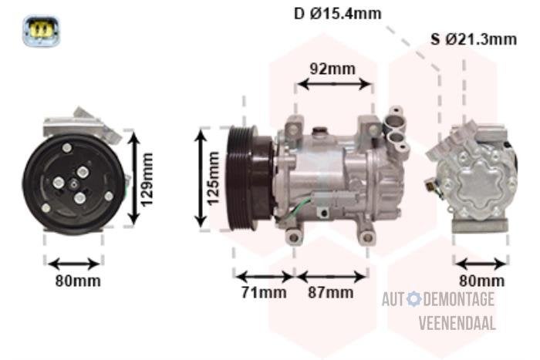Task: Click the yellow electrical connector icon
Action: (x=42, y=31)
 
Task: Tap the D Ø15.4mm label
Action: (x=338, y=14)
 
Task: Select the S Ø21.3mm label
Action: (x=474, y=39)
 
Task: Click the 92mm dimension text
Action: (x=332, y=69)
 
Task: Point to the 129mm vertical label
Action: (x=147, y=180)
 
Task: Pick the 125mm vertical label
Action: (x=213, y=178)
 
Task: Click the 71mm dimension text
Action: (x=264, y=292)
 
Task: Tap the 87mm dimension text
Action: (x=331, y=292)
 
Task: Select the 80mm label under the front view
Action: (x=78, y=281)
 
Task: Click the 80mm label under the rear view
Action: (x=481, y=281)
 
